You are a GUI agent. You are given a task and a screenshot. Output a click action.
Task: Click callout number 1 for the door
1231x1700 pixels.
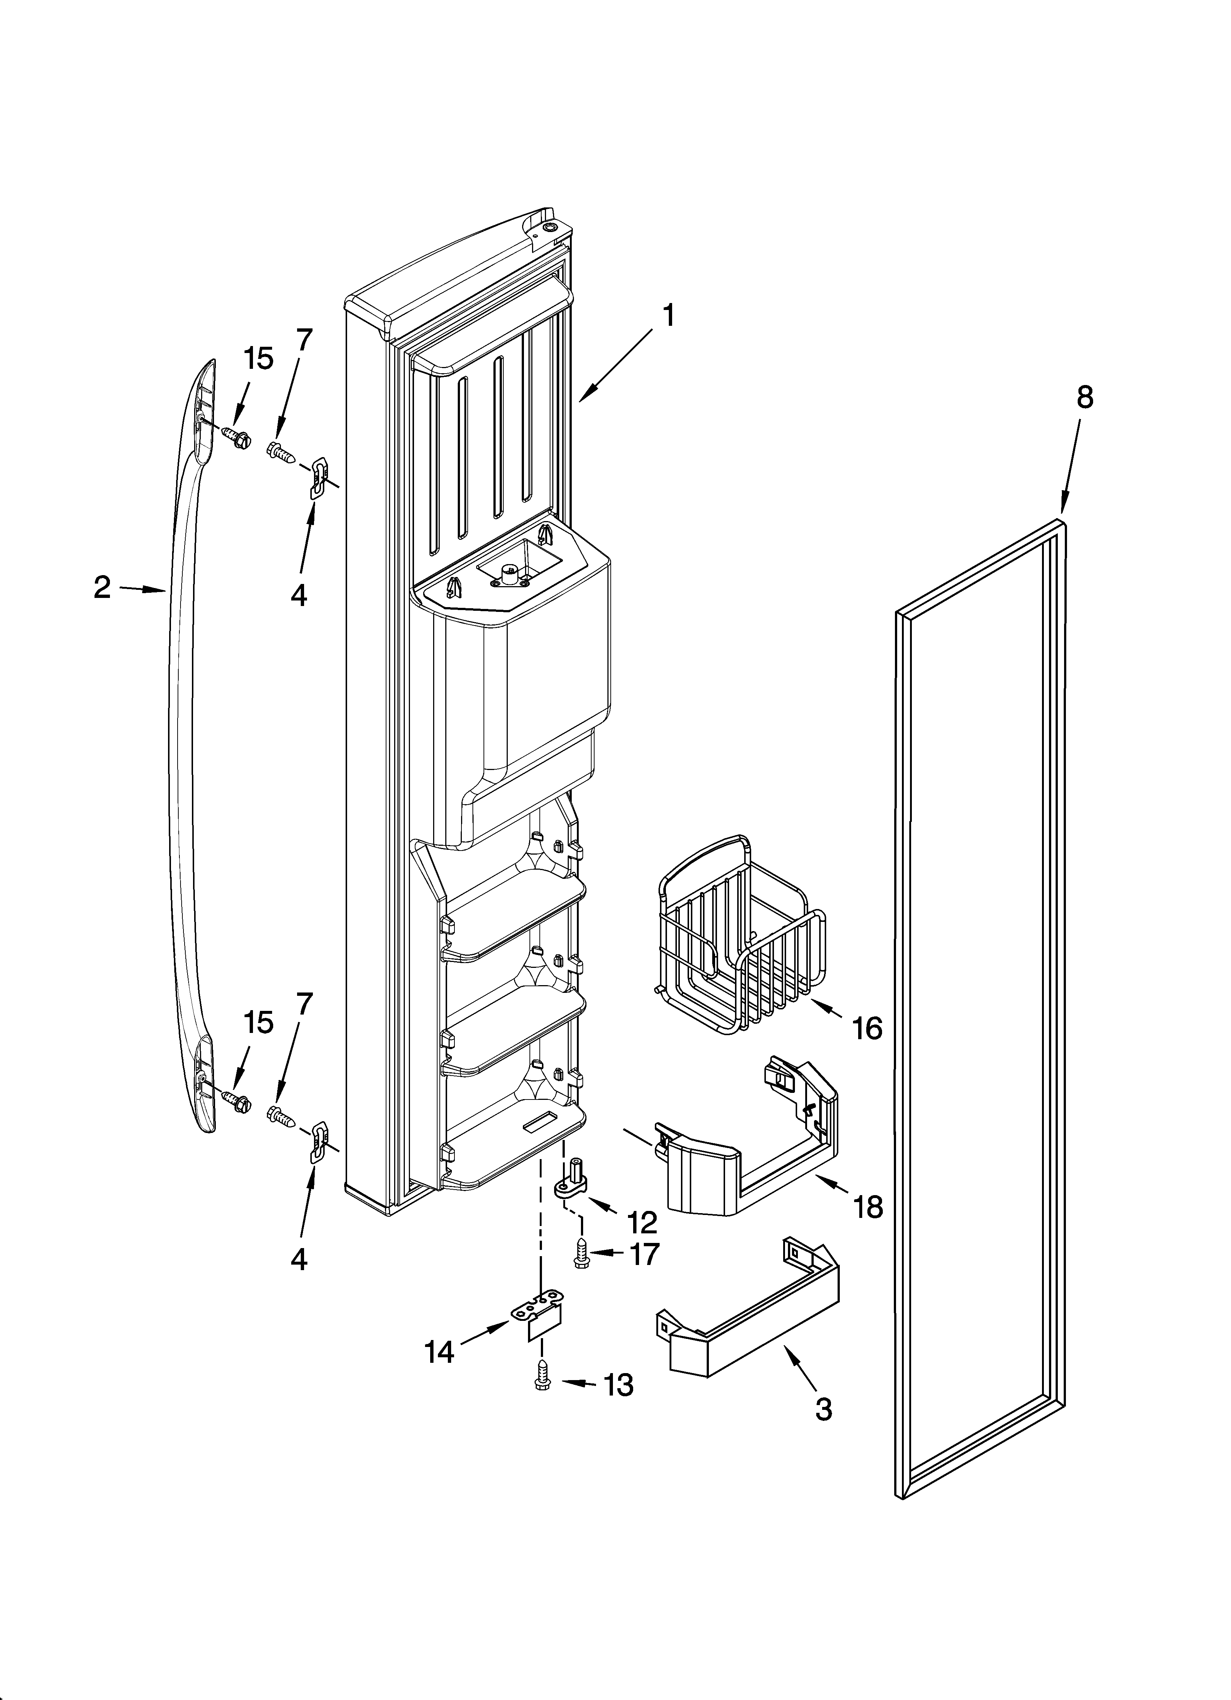point(667,316)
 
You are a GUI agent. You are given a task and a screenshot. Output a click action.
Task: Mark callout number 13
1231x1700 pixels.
point(618,1385)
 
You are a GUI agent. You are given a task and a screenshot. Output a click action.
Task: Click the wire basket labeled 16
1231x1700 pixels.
point(738,937)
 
